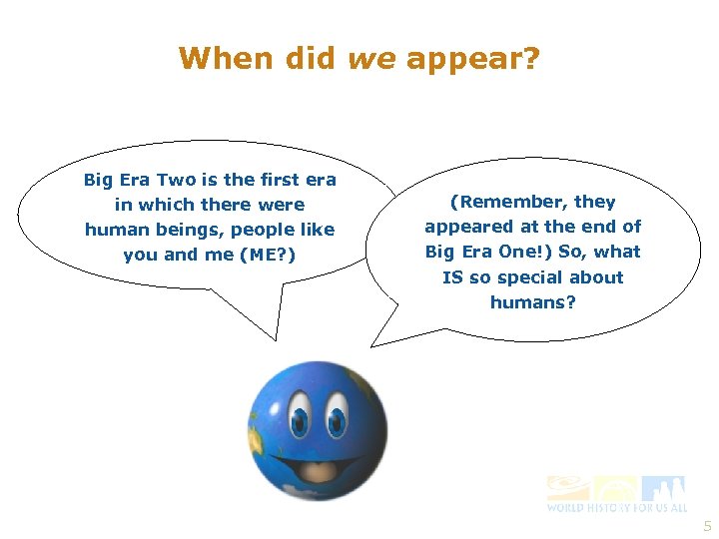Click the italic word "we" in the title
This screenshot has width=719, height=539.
[x=371, y=60]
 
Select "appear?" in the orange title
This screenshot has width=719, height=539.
[x=472, y=60]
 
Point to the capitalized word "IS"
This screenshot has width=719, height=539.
[x=453, y=277]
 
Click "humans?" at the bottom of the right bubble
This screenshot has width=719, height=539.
[x=533, y=302]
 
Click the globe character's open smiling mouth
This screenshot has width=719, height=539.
[x=319, y=464]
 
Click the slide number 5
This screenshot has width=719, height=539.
[x=708, y=526]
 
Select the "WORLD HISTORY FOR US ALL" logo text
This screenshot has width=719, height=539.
[x=616, y=507]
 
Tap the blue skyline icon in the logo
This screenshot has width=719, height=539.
[x=664, y=487]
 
